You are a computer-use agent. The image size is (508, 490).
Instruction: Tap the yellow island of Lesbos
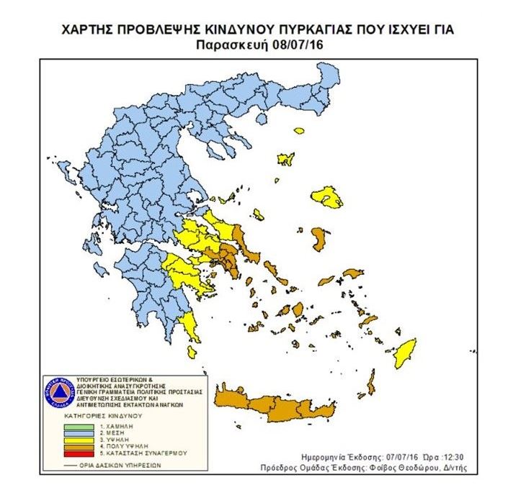328,197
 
